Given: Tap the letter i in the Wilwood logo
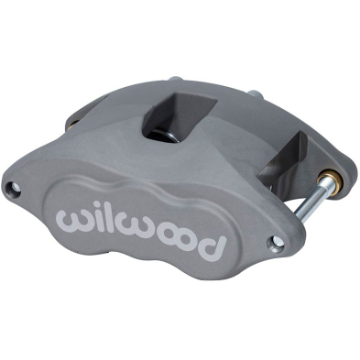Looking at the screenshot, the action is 94,218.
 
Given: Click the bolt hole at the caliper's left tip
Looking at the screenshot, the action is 14,187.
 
